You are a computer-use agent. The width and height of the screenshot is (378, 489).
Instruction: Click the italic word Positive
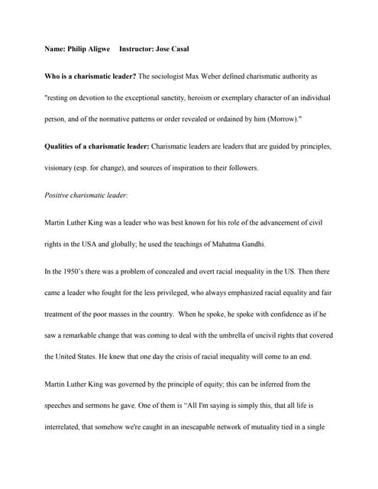58,195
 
